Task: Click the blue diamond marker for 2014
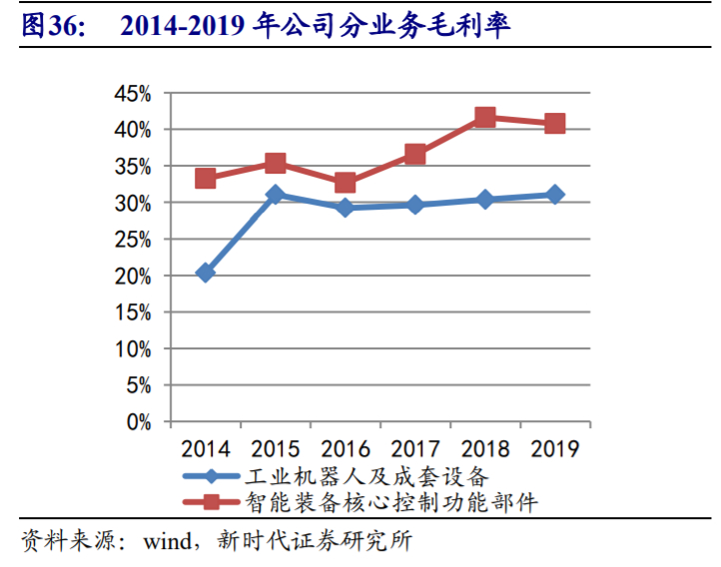(206, 273)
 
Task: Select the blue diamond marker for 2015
(276, 195)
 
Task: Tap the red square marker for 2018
(485, 118)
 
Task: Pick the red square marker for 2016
(346, 183)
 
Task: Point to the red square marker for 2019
(555, 124)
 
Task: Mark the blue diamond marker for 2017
(415, 205)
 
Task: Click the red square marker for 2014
(206, 179)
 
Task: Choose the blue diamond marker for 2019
(555, 195)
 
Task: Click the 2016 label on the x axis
(346, 448)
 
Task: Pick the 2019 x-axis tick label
(555, 448)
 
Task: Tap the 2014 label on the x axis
(206, 448)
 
